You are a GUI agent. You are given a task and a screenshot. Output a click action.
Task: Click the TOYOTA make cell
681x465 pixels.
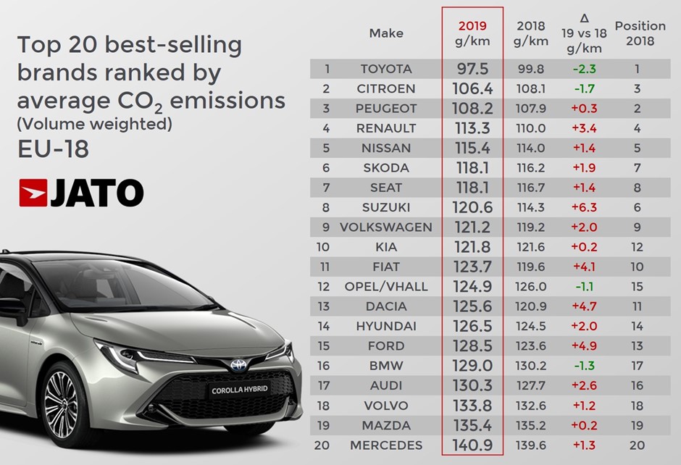[x=385, y=69]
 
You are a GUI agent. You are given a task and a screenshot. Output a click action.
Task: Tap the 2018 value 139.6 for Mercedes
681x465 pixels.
[x=530, y=445]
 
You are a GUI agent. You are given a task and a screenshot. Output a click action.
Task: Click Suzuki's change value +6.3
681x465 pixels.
[x=584, y=207]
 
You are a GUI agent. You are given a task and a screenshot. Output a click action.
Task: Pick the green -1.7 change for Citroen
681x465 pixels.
[x=584, y=88]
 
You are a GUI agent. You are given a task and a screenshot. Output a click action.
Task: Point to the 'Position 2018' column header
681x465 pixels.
[x=640, y=33]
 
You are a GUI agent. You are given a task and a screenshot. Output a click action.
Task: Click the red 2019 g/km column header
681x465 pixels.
[x=472, y=33]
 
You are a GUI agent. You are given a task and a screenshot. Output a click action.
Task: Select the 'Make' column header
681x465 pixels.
[x=385, y=33]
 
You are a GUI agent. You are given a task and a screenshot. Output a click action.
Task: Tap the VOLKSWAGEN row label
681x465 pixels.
[x=385, y=227]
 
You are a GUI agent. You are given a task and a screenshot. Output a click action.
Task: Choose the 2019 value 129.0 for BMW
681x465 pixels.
[x=472, y=366]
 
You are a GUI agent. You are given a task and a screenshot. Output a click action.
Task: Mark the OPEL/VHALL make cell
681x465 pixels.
[x=385, y=286]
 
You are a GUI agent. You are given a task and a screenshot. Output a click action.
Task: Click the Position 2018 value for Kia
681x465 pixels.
[x=640, y=247]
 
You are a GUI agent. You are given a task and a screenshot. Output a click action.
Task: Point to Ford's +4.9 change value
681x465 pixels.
[x=584, y=345]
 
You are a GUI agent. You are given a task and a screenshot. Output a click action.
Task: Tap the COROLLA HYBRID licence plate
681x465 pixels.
[x=240, y=390]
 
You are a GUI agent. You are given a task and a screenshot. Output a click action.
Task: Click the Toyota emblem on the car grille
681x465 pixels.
[x=238, y=366]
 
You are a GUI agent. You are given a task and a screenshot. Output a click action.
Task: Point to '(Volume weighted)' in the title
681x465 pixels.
[x=94, y=125]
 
